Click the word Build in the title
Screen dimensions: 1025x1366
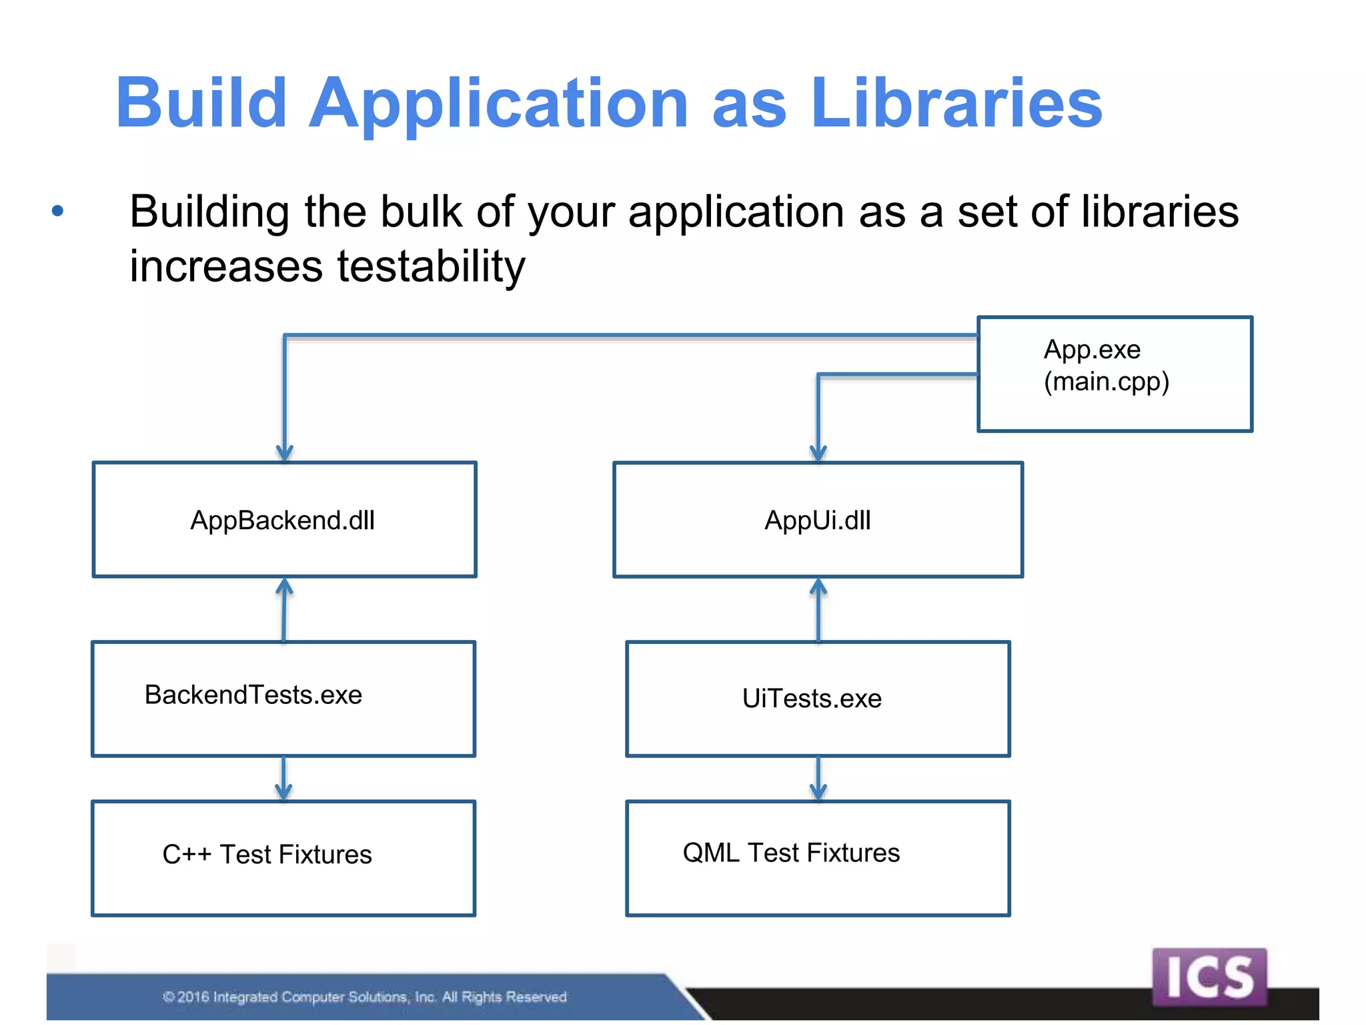click(201, 103)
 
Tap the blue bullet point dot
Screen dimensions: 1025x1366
click(58, 212)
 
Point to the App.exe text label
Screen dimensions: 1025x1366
click(1092, 350)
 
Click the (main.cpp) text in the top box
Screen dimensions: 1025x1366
click(1107, 382)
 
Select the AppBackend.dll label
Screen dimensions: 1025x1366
click(283, 521)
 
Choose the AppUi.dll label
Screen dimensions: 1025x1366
click(818, 521)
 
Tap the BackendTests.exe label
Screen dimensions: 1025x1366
click(253, 695)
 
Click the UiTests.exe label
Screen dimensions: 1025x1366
click(812, 699)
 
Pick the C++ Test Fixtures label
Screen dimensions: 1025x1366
click(267, 855)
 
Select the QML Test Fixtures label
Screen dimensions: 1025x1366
click(791, 853)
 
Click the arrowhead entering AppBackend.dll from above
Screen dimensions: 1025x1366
click(285, 454)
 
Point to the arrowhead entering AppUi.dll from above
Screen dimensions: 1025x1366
click(818, 454)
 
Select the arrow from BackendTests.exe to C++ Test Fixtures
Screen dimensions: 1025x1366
click(283, 779)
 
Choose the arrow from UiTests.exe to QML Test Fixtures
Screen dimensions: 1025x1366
click(818, 779)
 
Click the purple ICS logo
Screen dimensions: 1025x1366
click(1209, 977)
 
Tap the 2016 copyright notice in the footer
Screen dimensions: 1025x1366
click(365, 997)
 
